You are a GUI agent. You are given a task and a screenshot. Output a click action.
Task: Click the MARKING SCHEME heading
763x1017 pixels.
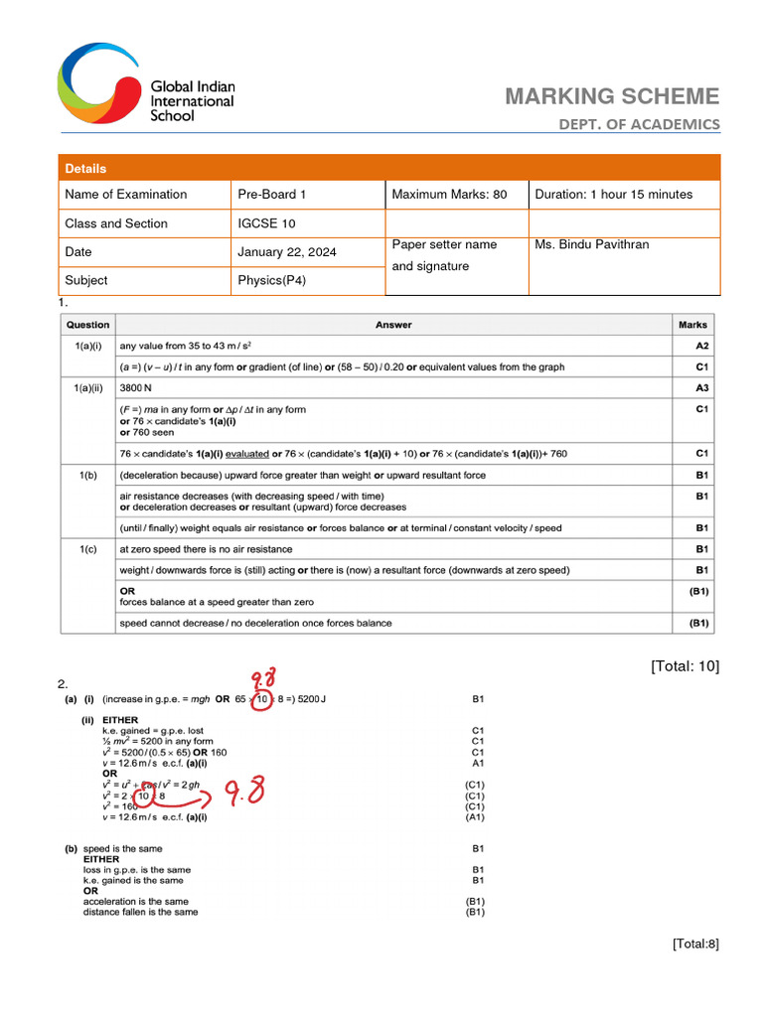(x=612, y=96)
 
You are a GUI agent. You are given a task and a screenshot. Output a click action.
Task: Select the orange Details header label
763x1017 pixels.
(x=85, y=169)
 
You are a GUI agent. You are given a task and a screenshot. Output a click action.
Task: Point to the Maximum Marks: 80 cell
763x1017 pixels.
(x=449, y=195)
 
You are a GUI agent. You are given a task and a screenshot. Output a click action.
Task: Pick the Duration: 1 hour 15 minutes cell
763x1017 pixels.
(x=613, y=195)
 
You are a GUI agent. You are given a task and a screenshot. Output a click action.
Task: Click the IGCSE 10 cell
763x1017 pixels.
(x=266, y=223)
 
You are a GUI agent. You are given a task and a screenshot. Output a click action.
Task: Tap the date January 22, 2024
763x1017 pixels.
(x=287, y=252)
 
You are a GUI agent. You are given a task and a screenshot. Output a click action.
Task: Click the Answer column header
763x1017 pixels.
(x=393, y=325)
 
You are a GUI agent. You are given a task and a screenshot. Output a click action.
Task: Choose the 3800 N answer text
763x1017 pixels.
(x=137, y=388)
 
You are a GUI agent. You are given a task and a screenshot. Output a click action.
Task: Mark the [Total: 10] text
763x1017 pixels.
(x=686, y=666)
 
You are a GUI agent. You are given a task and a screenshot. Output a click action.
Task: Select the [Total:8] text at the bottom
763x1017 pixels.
(x=694, y=944)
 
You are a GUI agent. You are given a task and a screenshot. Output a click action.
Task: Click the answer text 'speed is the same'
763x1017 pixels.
(x=123, y=849)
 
